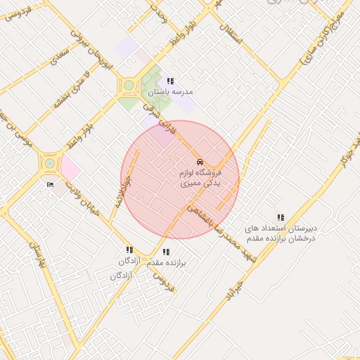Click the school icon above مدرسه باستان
coord(171,82)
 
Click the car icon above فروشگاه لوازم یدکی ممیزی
coord(200,162)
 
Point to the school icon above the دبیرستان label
coord(281,218)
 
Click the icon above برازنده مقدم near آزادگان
coord(166,252)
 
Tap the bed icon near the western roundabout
coord(50,185)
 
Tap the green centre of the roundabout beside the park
coord(129,86)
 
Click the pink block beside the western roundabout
coord(70,168)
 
